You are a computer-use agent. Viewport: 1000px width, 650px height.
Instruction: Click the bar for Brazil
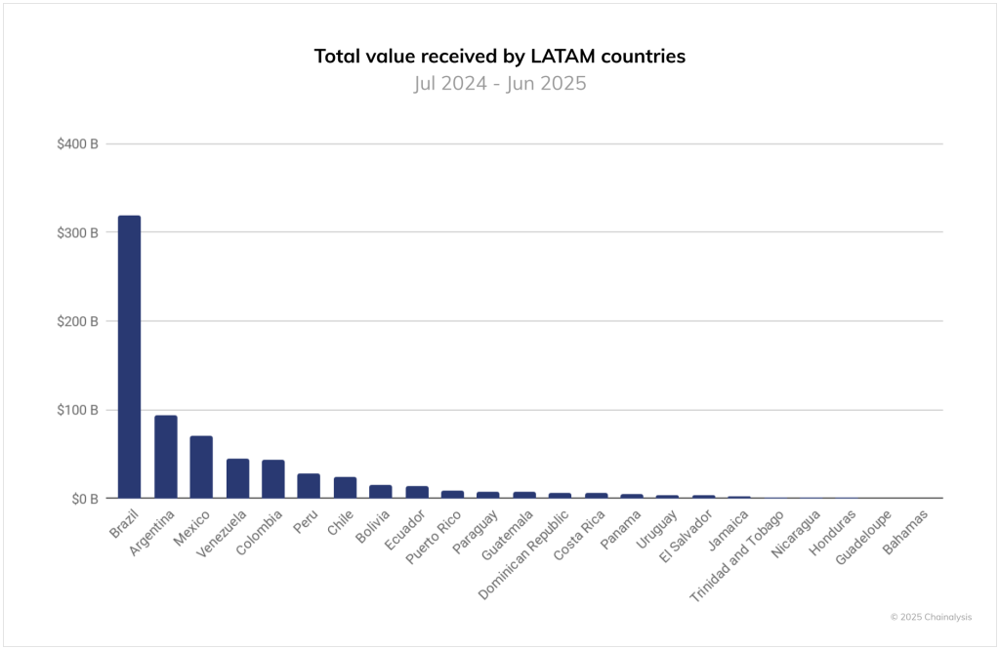(129, 356)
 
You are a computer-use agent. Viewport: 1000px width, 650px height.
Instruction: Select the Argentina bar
(166, 457)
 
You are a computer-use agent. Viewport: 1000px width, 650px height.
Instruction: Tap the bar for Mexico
(201, 467)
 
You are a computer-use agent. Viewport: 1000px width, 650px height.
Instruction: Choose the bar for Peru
(309, 486)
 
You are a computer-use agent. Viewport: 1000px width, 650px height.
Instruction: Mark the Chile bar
(345, 487)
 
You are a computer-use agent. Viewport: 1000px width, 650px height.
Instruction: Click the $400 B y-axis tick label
(78, 144)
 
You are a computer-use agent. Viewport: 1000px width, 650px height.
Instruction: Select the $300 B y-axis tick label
(78, 232)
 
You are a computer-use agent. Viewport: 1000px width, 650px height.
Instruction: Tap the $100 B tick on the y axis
(78, 410)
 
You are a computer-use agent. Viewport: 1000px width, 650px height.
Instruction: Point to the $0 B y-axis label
(83, 499)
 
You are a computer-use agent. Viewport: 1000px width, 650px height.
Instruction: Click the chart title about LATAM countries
(500, 56)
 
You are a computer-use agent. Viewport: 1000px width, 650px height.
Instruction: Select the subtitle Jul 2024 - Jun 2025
(500, 83)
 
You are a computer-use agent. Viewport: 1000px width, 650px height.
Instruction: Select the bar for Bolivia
(381, 492)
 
